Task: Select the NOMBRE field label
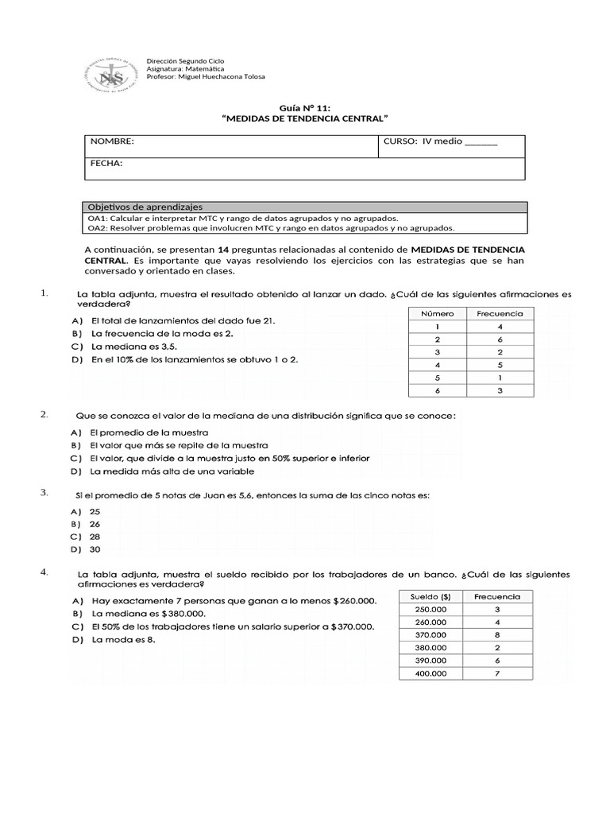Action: pos(112,141)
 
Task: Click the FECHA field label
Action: pos(106,163)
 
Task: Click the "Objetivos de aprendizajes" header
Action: pos(145,207)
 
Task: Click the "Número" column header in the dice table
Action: pos(437,314)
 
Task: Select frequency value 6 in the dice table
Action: pos(500,339)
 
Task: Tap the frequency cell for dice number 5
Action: pos(500,378)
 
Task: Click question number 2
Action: pos(44,415)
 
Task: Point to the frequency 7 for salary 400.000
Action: pos(496,673)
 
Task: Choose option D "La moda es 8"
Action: pos(123,640)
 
